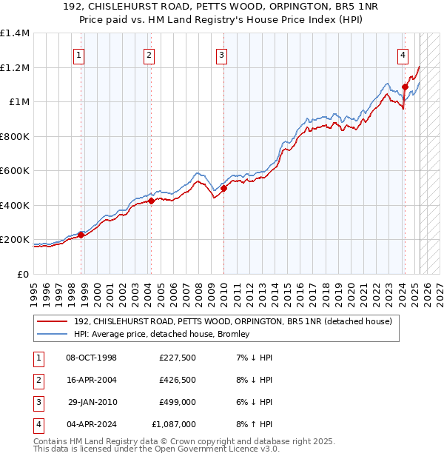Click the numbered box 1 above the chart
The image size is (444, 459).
(x=78, y=54)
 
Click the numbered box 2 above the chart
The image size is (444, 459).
(x=149, y=54)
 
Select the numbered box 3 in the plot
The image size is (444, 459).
(x=221, y=54)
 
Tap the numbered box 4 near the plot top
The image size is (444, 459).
(x=403, y=54)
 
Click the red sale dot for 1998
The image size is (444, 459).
(x=81, y=235)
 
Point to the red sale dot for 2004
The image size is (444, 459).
(x=151, y=201)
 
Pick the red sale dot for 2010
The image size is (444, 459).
(x=223, y=188)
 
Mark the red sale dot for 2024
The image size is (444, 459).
(x=406, y=87)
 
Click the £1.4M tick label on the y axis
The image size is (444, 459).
(x=15, y=33)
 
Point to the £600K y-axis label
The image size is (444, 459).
(x=15, y=171)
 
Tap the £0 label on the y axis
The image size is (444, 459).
(x=22, y=274)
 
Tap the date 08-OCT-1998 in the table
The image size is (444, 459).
(x=91, y=358)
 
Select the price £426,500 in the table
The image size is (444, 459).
(x=177, y=381)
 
